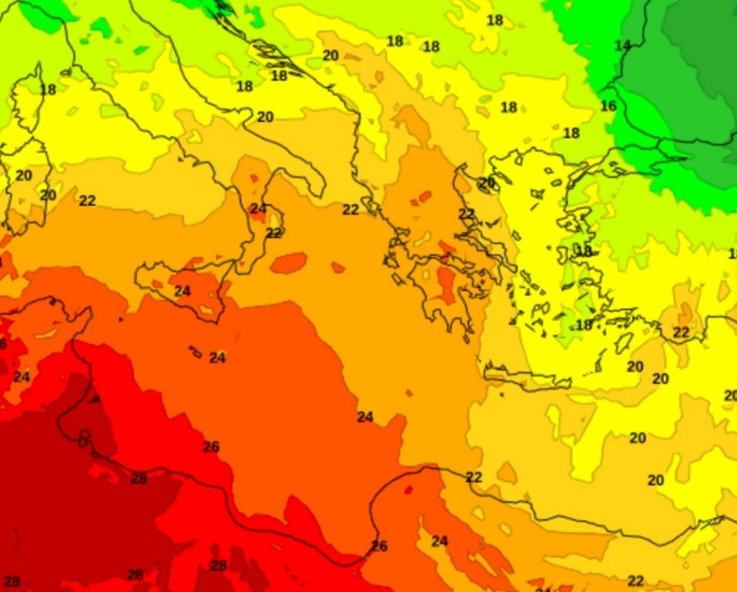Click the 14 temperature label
pos(623,46)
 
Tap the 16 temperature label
pos(608,106)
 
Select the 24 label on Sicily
pos(182,291)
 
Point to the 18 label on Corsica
pos(48,90)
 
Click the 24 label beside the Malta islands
pos(217,358)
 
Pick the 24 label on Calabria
pos(258,208)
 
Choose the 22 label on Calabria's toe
pos(274,233)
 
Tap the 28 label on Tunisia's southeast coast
pos(138,478)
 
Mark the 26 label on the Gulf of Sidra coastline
pos(379,546)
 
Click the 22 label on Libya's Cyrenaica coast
pos(474,477)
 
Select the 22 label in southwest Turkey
pos(681,332)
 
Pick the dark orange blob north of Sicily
pos(289,263)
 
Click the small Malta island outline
pos(195,352)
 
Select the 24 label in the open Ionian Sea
pos(365,417)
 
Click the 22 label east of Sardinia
pos(88,200)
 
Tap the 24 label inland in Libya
pos(439,541)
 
